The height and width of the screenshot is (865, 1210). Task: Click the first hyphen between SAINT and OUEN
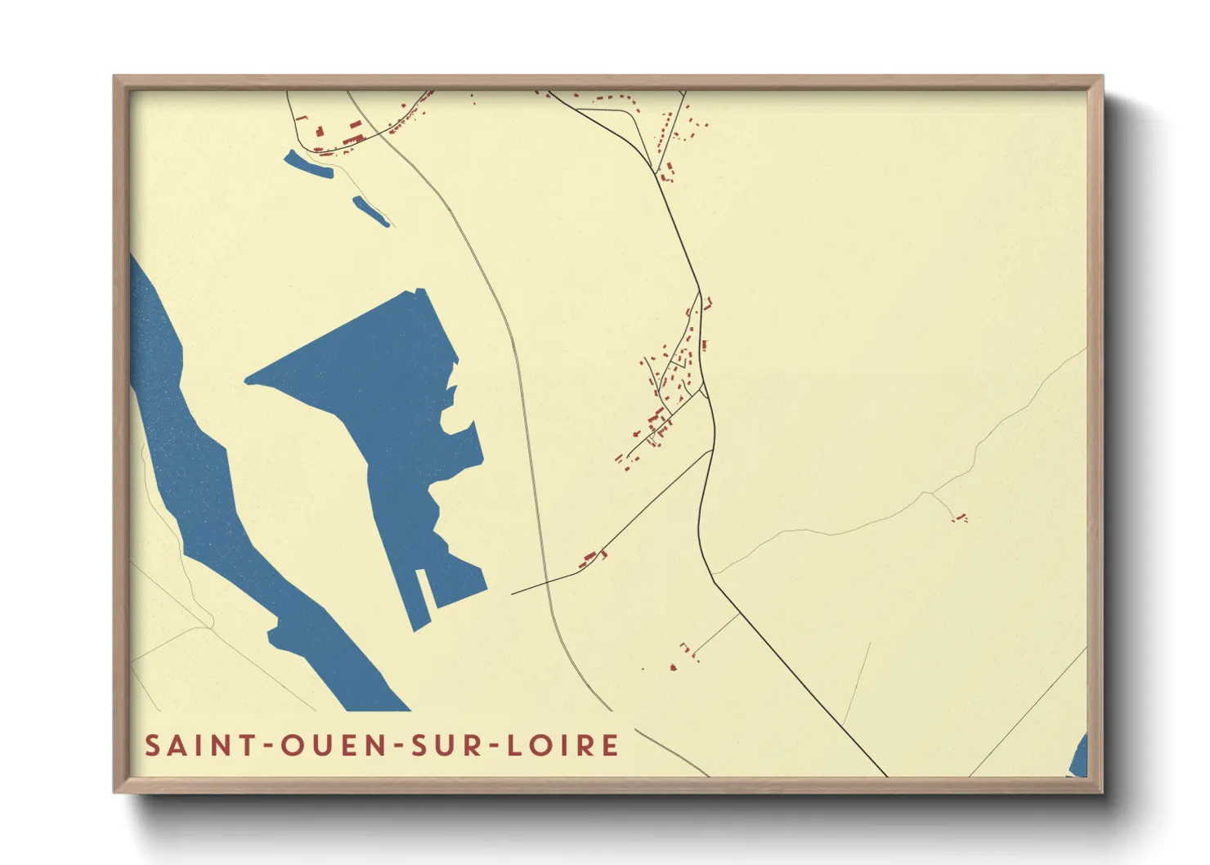(x=266, y=746)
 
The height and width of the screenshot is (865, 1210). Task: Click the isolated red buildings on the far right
(x=960, y=517)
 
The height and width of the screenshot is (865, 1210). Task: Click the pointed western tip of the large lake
(x=248, y=379)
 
